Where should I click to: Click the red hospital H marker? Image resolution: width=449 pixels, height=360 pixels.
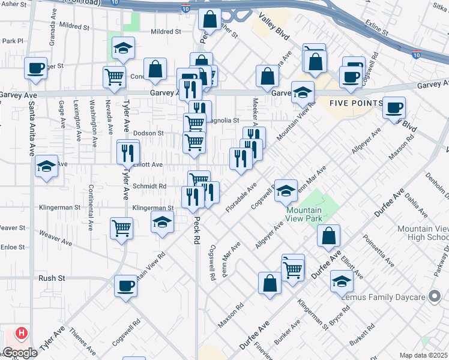click(22, 332)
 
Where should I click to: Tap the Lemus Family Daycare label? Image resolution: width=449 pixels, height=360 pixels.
click(383, 297)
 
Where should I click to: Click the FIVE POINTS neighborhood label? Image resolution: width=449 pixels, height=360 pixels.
click(356, 103)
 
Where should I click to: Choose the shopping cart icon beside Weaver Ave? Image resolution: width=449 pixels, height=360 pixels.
click(121, 228)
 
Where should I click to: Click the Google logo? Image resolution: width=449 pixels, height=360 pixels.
click(20, 353)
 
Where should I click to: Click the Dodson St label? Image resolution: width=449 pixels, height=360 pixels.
click(148, 133)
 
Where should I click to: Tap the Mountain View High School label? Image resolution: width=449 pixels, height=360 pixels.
click(423, 233)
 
